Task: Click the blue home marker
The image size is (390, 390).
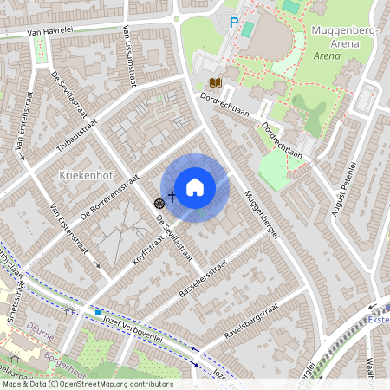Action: (195, 186)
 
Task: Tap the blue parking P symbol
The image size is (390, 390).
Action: (233, 22)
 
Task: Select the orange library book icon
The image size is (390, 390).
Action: (216, 83)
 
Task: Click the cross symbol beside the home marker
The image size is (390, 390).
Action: (172, 197)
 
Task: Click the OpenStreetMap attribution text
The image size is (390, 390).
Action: (87, 384)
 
